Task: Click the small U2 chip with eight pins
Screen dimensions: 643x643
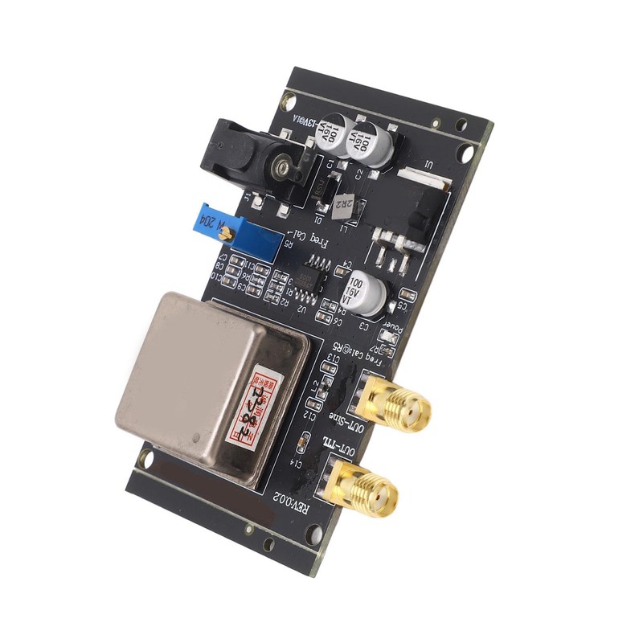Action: point(309,277)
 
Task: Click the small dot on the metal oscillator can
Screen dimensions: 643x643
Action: point(199,437)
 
